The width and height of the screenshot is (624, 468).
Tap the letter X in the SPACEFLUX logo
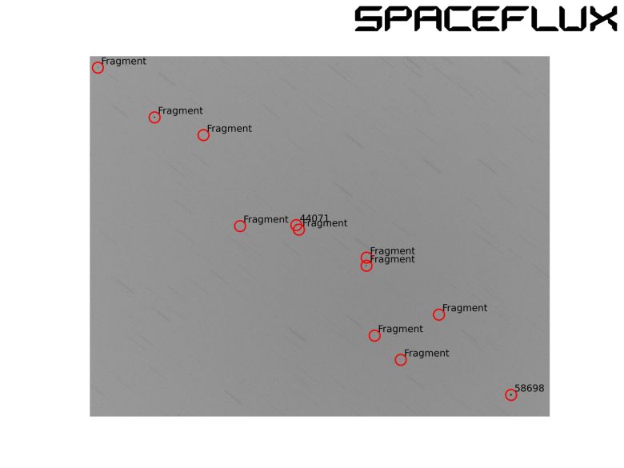(x=602, y=19)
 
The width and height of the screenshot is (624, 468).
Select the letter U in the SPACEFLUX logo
(x=570, y=19)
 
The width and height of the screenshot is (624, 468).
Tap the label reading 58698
(x=529, y=388)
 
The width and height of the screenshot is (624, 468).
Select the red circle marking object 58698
(x=511, y=394)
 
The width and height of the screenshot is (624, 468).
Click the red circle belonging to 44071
(x=296, y=225)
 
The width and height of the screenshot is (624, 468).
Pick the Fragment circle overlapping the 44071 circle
(x=299, y=230)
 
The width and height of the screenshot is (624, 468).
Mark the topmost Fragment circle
(x=98, y=68)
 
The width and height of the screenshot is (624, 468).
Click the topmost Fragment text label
(x=124, y=61)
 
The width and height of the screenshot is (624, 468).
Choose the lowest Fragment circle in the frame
(x=401, y=360)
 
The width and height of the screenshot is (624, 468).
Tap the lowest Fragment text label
(x=426, y=353)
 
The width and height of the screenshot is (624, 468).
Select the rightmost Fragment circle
(x=438, y=314)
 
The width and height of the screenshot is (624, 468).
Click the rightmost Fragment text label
(x=465, y=308)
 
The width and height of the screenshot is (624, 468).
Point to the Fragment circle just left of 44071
(x=240, y=226)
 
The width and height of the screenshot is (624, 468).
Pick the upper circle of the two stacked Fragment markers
(x=366, y=258)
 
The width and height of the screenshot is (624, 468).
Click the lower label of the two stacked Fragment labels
(x=393, y=260)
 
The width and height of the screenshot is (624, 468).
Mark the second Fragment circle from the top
(x=154, y=118)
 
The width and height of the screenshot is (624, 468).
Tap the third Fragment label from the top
(x=230, y=128)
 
